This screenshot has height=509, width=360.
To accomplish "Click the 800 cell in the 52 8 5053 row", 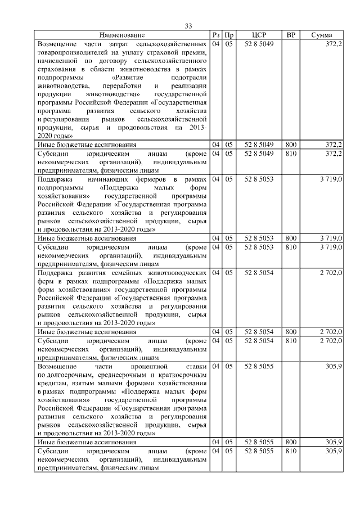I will click(291, 238).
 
